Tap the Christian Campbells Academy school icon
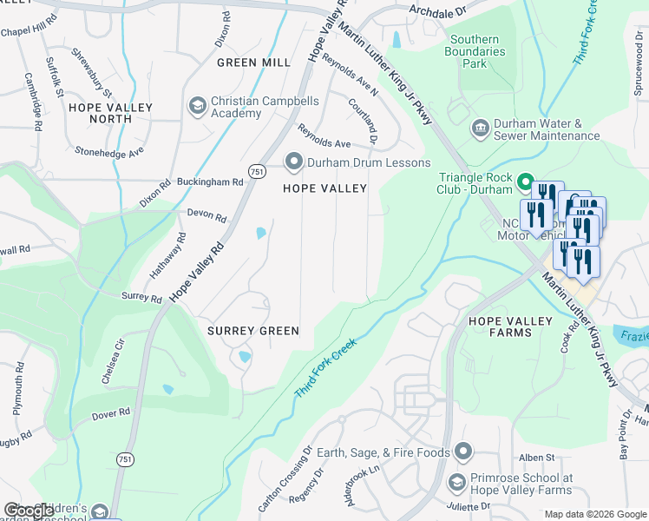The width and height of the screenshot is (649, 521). click(197, 107)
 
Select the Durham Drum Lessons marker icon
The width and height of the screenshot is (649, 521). click(293, 162)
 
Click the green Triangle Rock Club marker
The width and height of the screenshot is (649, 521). click(524, 182)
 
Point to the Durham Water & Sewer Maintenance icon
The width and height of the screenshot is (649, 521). click(479, 129)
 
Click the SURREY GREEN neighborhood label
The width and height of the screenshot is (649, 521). click(252, 331)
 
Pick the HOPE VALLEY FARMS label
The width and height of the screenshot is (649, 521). click(510, 326)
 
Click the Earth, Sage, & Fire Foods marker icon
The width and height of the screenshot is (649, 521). click(463, 452)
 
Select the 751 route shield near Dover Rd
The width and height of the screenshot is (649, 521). click(125, 458)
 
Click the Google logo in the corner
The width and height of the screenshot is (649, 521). click(29, 511)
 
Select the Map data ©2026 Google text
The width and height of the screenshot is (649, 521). click(594, 514)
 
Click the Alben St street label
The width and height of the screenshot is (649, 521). click(537, 458)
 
